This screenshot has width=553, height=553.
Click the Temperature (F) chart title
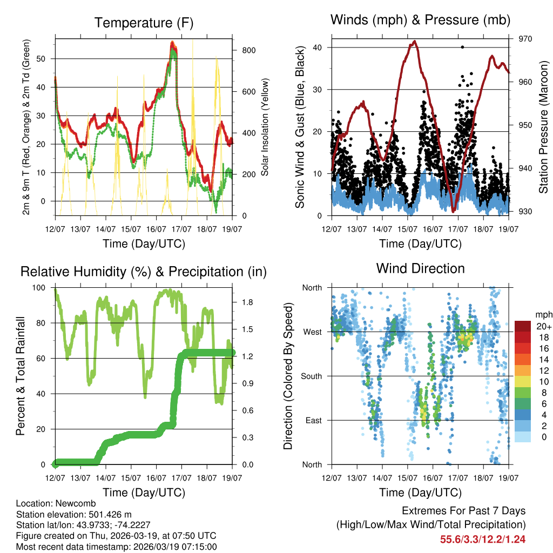(x=144, y=23)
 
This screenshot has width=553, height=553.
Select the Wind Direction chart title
(x=420, y=268)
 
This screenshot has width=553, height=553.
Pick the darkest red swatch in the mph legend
(x=523, y=326)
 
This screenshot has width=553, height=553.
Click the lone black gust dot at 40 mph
(x=462, y=47)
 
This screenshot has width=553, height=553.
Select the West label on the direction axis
(x=312, y=332)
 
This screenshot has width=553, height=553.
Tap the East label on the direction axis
(x=314, y=420)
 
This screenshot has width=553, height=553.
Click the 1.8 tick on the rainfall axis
(x=241, y=302)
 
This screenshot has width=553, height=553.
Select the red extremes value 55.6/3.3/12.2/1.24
(x=483, y=539)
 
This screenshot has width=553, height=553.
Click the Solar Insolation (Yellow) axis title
(x=265, y=127)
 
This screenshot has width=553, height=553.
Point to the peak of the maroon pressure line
(x=414, y=41)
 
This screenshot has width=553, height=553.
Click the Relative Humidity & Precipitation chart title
(x=144, y=272)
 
